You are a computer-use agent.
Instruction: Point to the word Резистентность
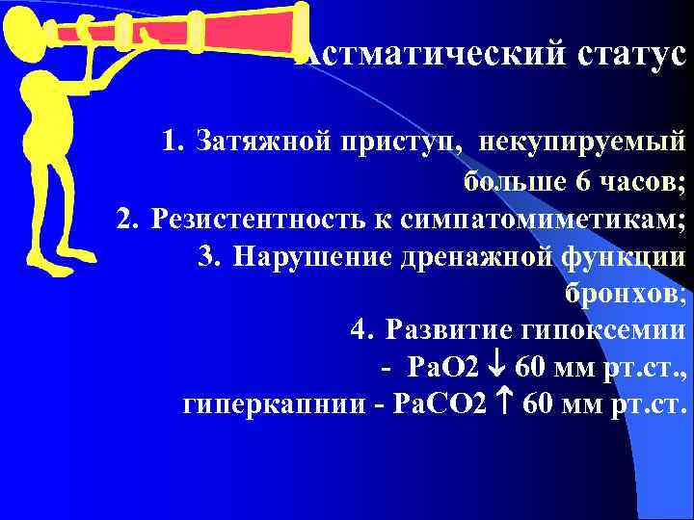(x=254, y=220)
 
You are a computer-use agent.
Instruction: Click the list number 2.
(x=126, y=220)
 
